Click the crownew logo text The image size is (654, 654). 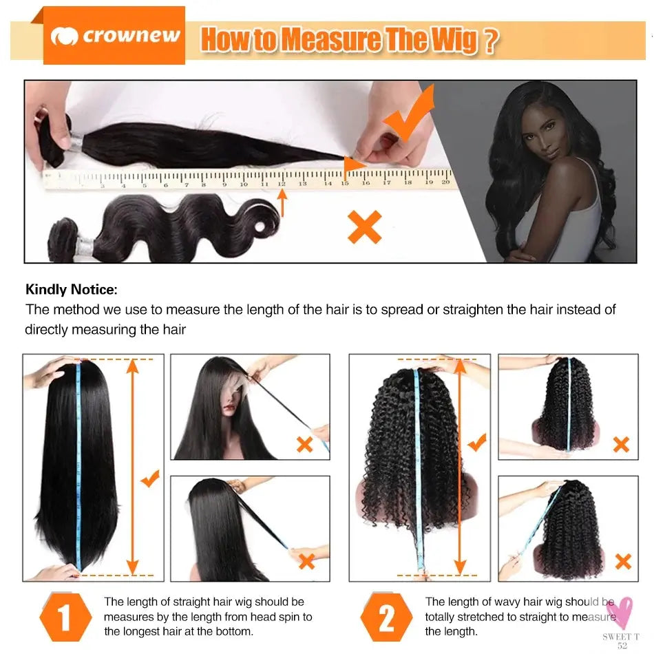(x=131, y=36)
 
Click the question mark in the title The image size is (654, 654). (x=489, y=40)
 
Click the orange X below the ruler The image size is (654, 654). (x=364, y=227)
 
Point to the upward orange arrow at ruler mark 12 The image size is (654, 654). (x=282, y=203)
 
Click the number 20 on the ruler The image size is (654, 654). (x=445, y=182)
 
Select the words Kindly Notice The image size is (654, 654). (x=72, y=289)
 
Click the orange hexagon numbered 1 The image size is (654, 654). (x=65, y=617)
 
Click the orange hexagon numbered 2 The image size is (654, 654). (x=387, y=617)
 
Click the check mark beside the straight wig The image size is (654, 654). (x=150, y=478)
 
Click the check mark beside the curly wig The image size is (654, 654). (x=476, y=444)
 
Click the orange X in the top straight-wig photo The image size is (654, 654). (x=304, y=444)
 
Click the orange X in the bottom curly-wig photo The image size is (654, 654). (x=623, y=561)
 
